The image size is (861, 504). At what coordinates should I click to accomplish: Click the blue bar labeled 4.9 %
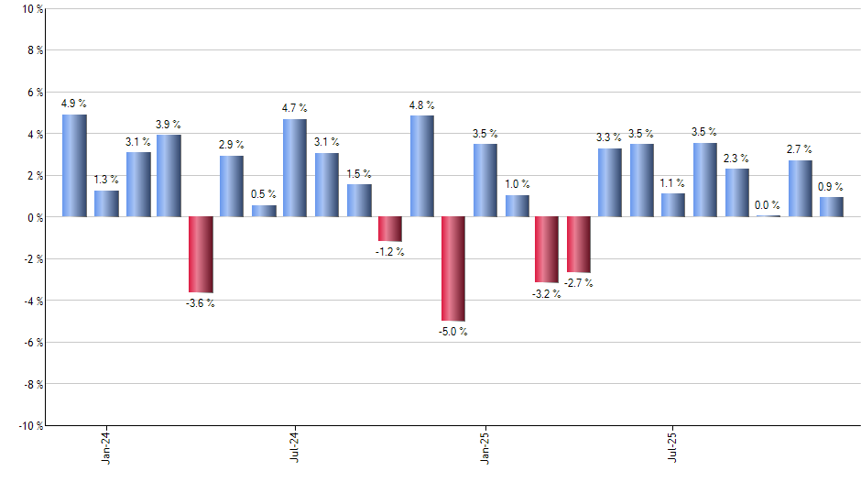click(74, 166)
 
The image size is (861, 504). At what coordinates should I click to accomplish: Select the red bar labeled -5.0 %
click(453, 268)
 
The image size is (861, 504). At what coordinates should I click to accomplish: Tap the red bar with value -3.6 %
click(201, 254)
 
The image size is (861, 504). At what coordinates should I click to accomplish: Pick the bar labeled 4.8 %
click(421, 166)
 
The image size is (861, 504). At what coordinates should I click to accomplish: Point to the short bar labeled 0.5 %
click(264, 211)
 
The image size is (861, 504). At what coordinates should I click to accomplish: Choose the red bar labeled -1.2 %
click(390, 228)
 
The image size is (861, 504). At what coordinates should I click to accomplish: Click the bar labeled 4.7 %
click(295, 168)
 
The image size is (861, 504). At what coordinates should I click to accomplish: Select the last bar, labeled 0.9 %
click(832, 207)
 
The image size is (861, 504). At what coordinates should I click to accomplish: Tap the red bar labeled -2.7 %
click(579, 245)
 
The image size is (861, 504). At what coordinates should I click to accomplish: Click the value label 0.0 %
click(768, 205)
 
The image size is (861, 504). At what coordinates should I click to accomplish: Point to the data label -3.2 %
click(547, 295)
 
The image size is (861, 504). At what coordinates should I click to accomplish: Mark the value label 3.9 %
click(169, 124)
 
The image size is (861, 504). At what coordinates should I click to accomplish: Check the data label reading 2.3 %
click(736, 158)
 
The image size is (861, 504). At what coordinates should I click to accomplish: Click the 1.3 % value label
click(106, 179)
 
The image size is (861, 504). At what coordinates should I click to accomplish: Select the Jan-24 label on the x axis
click(106, 446)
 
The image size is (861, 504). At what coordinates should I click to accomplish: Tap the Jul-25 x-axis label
click(673, 446)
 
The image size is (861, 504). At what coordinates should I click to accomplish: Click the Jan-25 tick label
click(485, 446)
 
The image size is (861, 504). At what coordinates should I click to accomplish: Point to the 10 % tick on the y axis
click(31, 9)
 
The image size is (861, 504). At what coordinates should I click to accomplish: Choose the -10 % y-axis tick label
click(29, 425)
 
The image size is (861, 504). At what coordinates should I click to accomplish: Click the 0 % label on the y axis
click(34, 217)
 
